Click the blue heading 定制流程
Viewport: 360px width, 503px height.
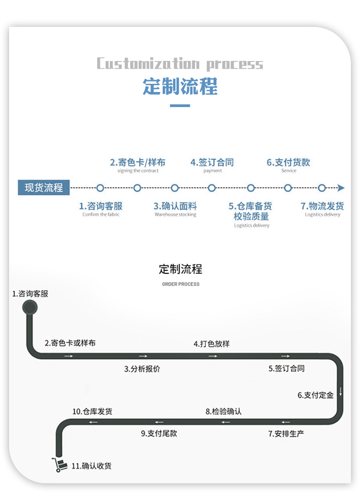tap(180, 86)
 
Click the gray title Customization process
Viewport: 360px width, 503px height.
tap(180, 64)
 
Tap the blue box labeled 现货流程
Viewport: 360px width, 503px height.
tap(44, 187)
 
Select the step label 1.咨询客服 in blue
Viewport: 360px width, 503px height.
tap(101, 206)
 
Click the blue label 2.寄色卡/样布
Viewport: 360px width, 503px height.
tap(138, 162)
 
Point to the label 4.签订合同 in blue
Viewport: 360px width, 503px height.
tap(212, 162)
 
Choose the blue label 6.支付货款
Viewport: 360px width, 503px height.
tap(288, 162)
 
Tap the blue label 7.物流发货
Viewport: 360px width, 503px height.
tap(322, 206)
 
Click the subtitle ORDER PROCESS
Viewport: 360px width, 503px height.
tap(180, 284)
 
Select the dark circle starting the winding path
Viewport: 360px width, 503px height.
tap(30, 309)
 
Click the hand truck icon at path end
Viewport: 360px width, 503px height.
tap(59, 464)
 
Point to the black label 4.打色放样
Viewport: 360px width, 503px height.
tap(211, 344)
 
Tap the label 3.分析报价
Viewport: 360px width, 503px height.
tap(142, 369)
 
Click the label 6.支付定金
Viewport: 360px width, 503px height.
tap(315, 395)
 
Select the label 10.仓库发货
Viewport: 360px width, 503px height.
tap(92, 411)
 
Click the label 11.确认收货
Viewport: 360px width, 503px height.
tap(91, 466)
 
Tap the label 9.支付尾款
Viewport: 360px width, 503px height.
tap(159, 433)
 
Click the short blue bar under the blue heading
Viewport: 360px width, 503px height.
tap(180, 106)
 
